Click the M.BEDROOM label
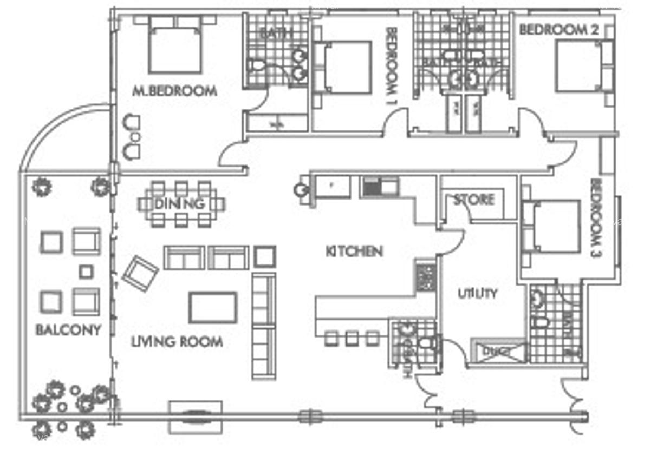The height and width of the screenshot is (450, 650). [x=174, y=91]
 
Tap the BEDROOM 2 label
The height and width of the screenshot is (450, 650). [x=558, y=29]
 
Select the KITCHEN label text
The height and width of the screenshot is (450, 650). [x=354, y=251]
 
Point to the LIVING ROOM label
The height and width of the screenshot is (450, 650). [x=177, y=342]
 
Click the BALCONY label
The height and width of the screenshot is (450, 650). [x=68, y=329]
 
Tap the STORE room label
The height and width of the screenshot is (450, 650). [x=474, y=200]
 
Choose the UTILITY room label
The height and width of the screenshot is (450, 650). [x=477, y=294]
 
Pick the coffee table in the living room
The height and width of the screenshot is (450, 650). [x=212, y=307]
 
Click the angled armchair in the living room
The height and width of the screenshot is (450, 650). [x=140, y=274]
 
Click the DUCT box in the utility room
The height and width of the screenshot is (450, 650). [x=497, y=351]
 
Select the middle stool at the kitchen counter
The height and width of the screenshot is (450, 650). [x=352, y=339]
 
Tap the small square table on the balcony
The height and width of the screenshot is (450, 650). [x=86, y=272]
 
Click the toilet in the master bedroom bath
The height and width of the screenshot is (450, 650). [x=257, y=67]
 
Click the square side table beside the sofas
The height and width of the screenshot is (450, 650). [x=265, y=256]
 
